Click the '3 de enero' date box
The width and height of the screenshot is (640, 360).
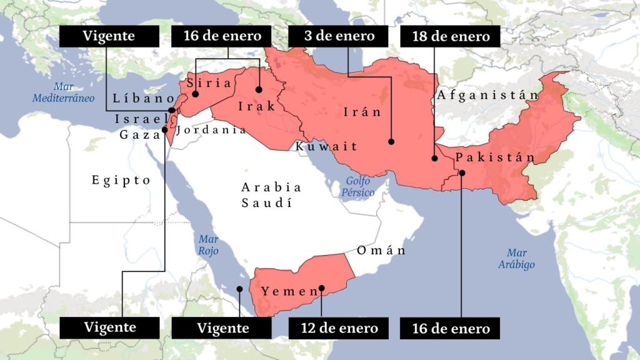[x=339, y=36]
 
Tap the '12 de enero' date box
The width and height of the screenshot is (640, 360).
[x=339, y=327]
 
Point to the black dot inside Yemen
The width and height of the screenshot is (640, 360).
[x=322, y=289]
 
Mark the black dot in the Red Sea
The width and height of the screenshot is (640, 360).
[x=239, y=289]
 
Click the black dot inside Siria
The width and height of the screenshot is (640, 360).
[x=196, y=94]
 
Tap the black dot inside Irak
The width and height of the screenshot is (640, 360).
[x=259, y=89]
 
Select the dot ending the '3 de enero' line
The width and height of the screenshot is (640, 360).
[x=392, y=142]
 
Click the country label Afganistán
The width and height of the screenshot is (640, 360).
[x=487, y=95]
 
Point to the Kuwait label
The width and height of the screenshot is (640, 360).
[x=327, y=146]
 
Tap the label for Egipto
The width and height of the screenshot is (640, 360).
[x=121, y=180]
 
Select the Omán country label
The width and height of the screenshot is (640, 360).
[x=381, y=251]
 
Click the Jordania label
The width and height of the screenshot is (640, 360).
[x=211, y=130]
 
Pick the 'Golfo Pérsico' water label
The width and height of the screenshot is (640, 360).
[x=357, y=187]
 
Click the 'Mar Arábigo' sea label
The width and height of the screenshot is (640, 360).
[x=517, y=259]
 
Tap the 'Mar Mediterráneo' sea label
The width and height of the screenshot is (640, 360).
[x=64, y=92]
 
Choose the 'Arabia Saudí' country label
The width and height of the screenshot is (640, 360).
[x=271, y=194]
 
